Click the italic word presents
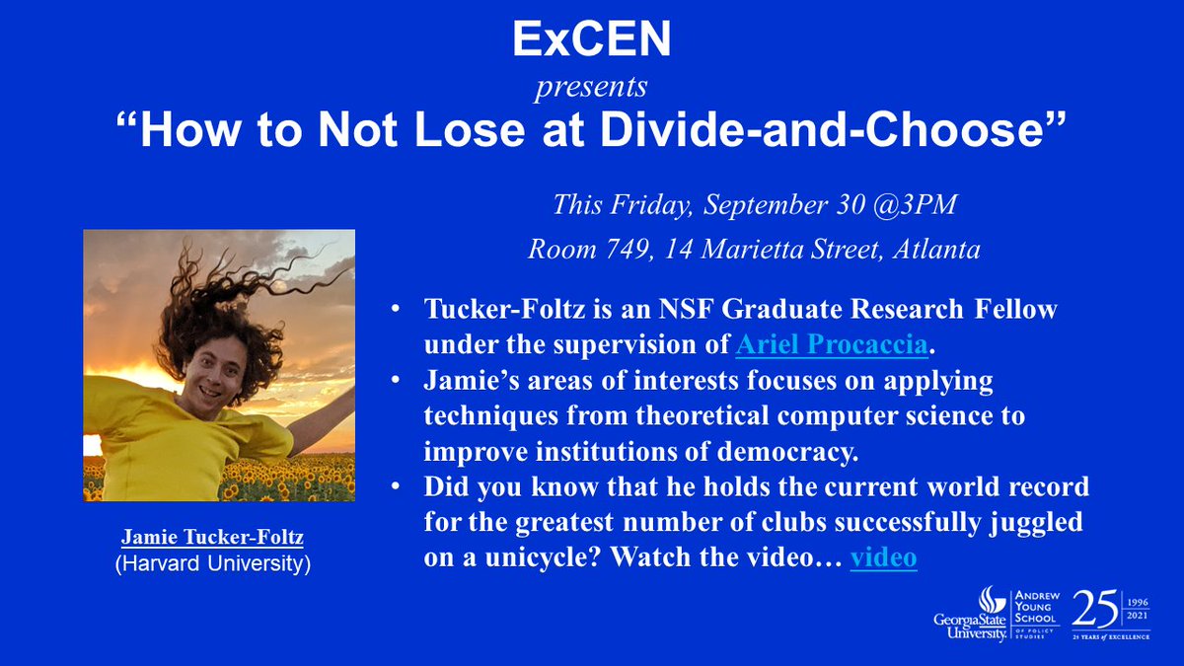point(591,87)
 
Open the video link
point(883,557)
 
